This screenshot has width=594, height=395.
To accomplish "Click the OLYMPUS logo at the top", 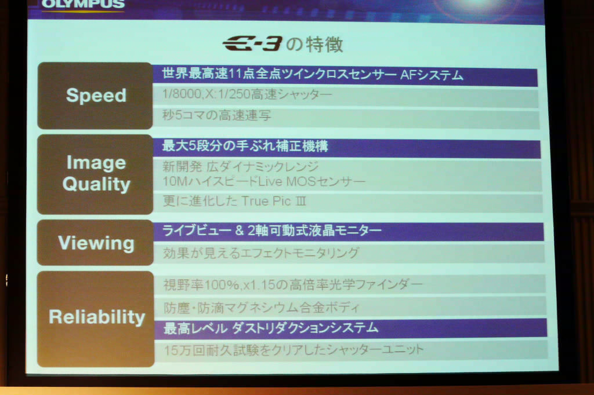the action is pos(82,4).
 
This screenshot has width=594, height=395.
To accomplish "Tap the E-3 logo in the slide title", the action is pos(252,44).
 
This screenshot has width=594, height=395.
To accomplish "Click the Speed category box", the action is pos(95,96).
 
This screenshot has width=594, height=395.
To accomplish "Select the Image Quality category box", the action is pos(95,174).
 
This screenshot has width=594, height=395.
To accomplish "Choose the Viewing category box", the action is pos(96,243).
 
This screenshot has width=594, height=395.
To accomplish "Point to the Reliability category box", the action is pos(96,319).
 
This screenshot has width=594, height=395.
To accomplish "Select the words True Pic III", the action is pos(273,201).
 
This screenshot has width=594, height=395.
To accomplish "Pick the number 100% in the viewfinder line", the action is pos(222,285).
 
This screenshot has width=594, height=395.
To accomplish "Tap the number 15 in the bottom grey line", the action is pos(171,350).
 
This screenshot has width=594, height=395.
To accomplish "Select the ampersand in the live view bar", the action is pos(240,231).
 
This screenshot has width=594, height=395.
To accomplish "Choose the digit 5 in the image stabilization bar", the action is pos(192,146).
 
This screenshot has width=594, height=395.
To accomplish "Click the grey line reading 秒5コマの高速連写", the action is pos(216,115).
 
